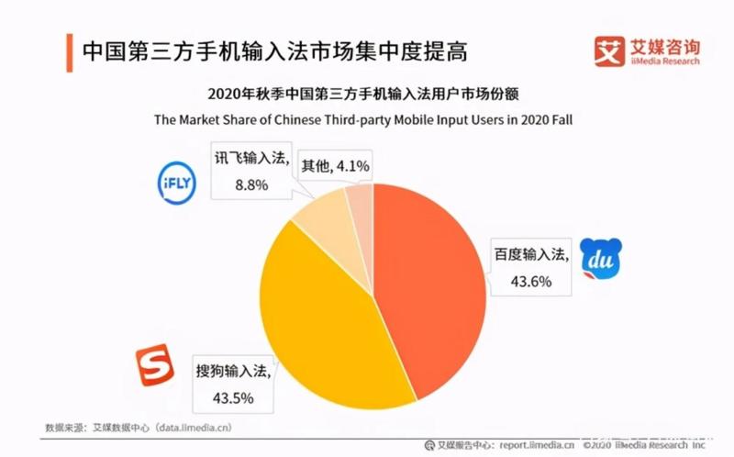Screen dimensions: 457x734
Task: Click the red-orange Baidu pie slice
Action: (431, 284)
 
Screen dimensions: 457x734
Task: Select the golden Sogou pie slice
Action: (312, 312)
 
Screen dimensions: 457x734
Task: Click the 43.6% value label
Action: (533, 282)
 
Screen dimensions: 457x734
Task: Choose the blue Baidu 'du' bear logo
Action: (601, 260)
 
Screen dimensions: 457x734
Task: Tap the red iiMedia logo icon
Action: (608, 51)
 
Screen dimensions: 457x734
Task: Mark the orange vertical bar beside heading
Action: (68, 51)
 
